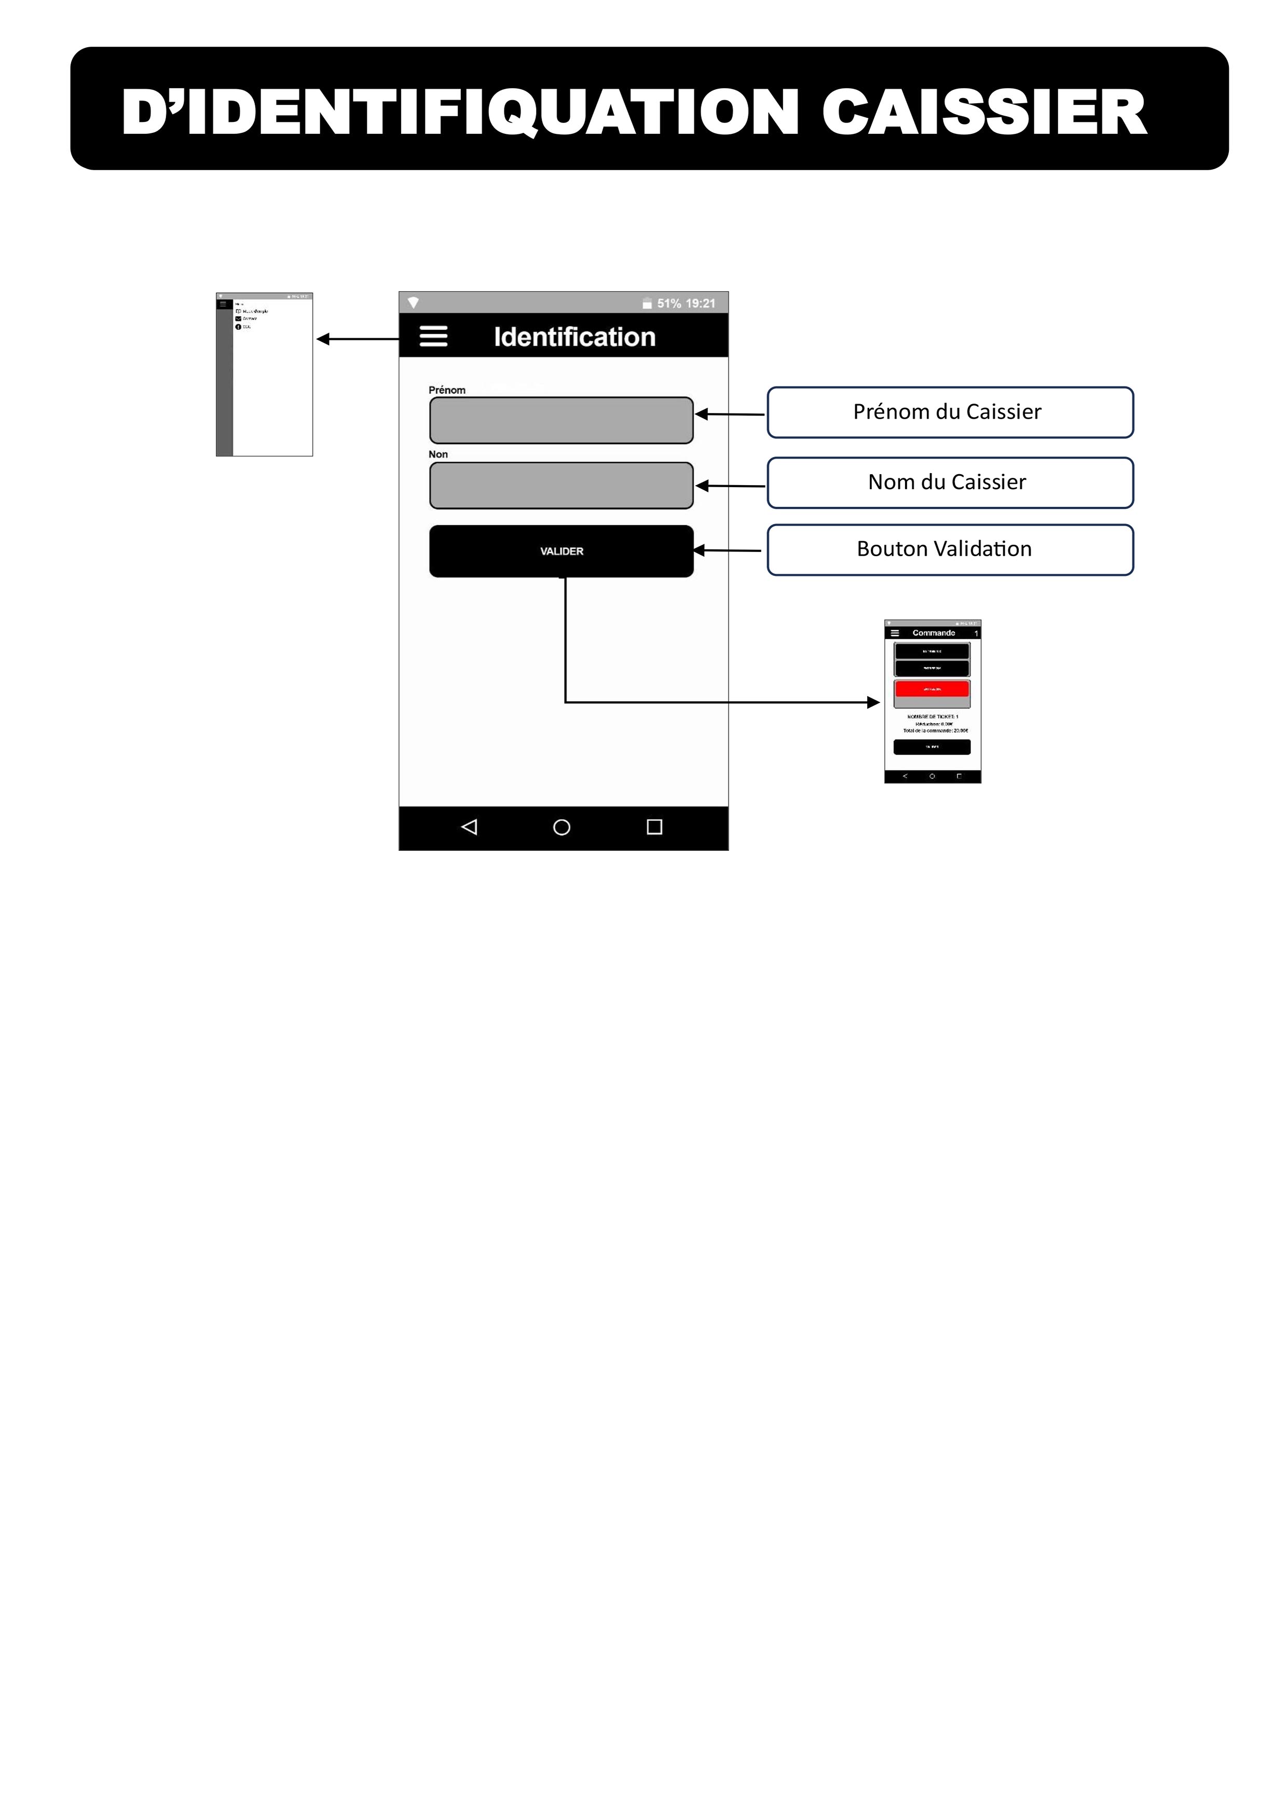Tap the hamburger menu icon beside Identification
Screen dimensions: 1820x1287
[433, 336]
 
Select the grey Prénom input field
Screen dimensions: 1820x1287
[560, 420]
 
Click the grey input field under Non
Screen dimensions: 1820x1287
[560, 485]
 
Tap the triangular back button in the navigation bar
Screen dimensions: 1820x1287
[469, 828]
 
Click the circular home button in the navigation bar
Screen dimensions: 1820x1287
[562, 828]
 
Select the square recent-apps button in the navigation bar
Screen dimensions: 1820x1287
[654, 828]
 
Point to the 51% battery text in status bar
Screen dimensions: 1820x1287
[668, 304]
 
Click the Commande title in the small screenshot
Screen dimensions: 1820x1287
[933, 632]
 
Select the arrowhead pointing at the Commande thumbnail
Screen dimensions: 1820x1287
[874, 702]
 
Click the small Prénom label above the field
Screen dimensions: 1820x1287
[446, 390]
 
